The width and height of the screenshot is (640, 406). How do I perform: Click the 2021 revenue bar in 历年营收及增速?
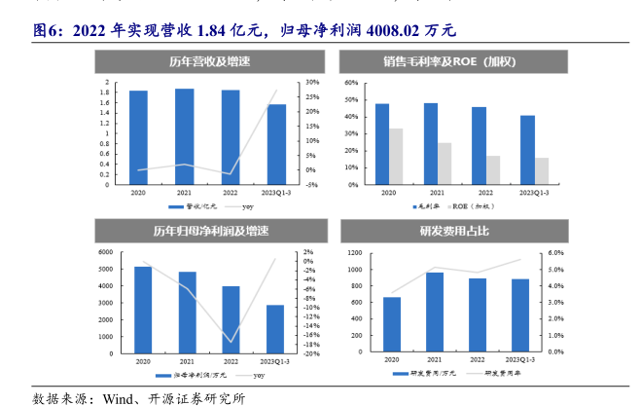point(184,135)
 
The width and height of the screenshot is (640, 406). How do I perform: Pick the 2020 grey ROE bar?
point(396,157)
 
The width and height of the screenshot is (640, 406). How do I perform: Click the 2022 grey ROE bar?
point(493,170)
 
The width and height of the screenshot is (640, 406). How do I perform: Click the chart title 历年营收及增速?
point(209,61)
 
